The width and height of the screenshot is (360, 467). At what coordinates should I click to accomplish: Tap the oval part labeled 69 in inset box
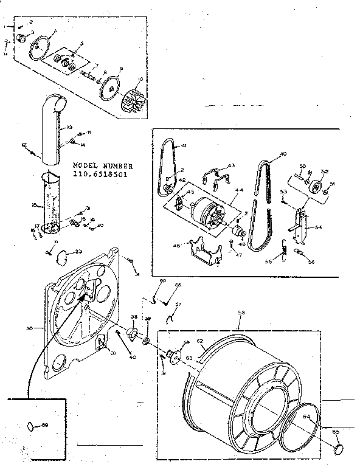30,426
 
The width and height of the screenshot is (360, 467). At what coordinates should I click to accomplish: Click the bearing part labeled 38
133,334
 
